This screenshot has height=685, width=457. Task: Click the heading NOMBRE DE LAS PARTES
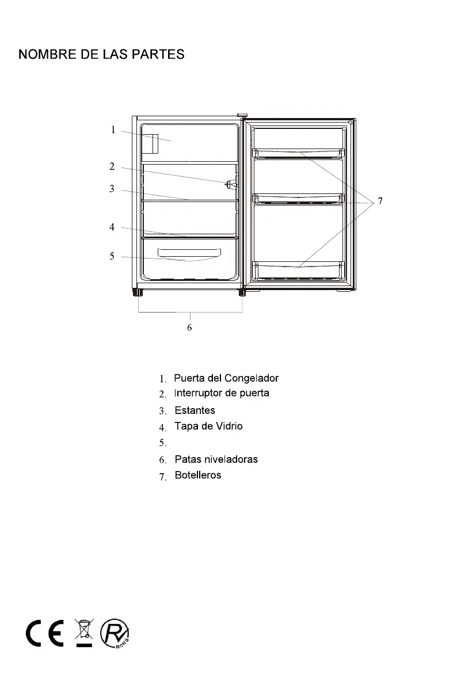(x=101, y=55)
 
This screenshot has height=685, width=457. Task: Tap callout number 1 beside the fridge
(x=113, y=130)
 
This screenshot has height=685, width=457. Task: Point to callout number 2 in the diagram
(x=112, y=167)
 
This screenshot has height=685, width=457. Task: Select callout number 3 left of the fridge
(x=112, y=189)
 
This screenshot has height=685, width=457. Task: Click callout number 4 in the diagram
(x=112, y=227)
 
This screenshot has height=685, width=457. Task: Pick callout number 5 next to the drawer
(x=112, y=256)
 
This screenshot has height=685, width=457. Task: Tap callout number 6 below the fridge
(x=189, y=328)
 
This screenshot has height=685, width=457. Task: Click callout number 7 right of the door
(x=379, y=201)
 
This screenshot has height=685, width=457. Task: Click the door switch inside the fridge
(x=230, y=184)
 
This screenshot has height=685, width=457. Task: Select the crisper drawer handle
(x=190, y=252)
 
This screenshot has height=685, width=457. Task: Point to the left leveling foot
(x=139, y=292)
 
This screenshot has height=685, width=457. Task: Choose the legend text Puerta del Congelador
(x=226, y=378)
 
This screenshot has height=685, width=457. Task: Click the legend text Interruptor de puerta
(x=222, y=393)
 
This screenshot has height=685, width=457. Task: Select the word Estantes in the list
(x=195, y=410)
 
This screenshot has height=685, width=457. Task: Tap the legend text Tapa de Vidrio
(x=208, y=426)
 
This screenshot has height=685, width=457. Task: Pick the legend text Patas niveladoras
(x=216, y=459)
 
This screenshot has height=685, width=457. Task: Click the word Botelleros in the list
(x=197, y=475)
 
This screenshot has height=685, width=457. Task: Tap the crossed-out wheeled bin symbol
(x=84, y=631)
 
